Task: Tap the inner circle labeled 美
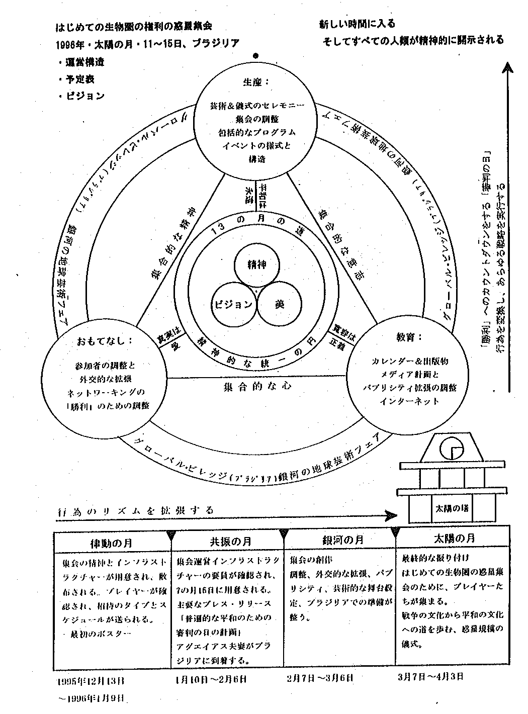pos(280,304)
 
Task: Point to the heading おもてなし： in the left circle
pos(105,340)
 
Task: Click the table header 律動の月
pos(112,543)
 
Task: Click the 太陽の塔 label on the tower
pos(451,508)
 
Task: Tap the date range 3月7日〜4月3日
pos(430,676)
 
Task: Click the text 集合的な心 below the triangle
pos(257,387)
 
